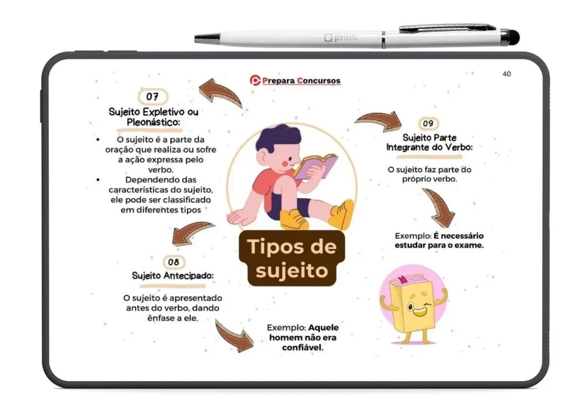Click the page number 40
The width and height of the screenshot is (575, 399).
[x=506, y=74]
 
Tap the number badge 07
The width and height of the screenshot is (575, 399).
[x=153, y=97]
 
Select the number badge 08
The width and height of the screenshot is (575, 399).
[x=174, y=262]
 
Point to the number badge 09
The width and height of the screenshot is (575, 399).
[x=428, y=123]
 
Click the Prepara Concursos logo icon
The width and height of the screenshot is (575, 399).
[x=255, y=80]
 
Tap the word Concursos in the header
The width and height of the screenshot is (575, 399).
[x=319, y=80]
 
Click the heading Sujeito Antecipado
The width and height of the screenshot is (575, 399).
[x=173, y=276]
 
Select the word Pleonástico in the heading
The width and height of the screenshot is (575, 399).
[x=153, y=123]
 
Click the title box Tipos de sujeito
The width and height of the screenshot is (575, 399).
[x=292, y=259]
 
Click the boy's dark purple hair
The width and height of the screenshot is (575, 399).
[x=275, y=137]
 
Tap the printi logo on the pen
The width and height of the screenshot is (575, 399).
[x=340, y=38]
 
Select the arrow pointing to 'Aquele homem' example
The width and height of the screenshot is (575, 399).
[x=234, y=336]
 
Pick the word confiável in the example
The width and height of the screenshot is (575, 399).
[x=303, y=347]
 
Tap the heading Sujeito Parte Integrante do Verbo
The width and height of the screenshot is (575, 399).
[x=430, y=142]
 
